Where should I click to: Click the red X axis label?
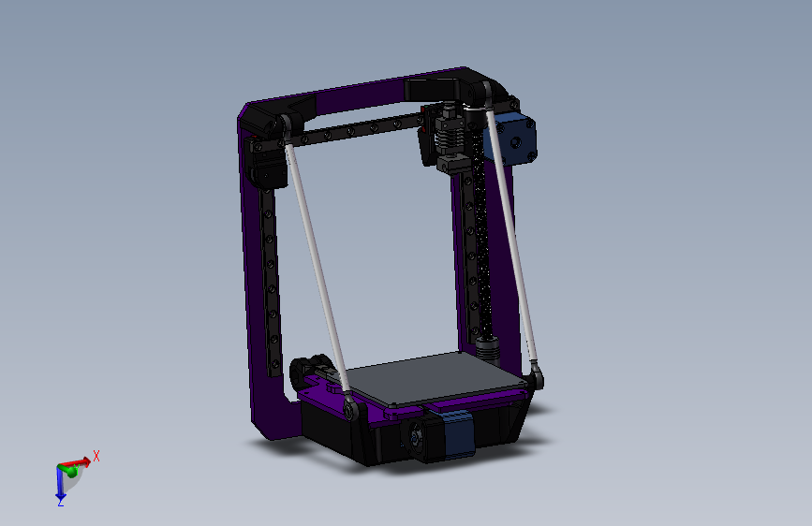pyautogui.click(x=96, y=456)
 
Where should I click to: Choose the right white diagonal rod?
pyautogui.click(x=511, y=234)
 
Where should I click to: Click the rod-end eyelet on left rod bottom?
pyautogui.click(x=349, y=410)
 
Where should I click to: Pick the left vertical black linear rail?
pyautogui.click(x=271, y=281)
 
